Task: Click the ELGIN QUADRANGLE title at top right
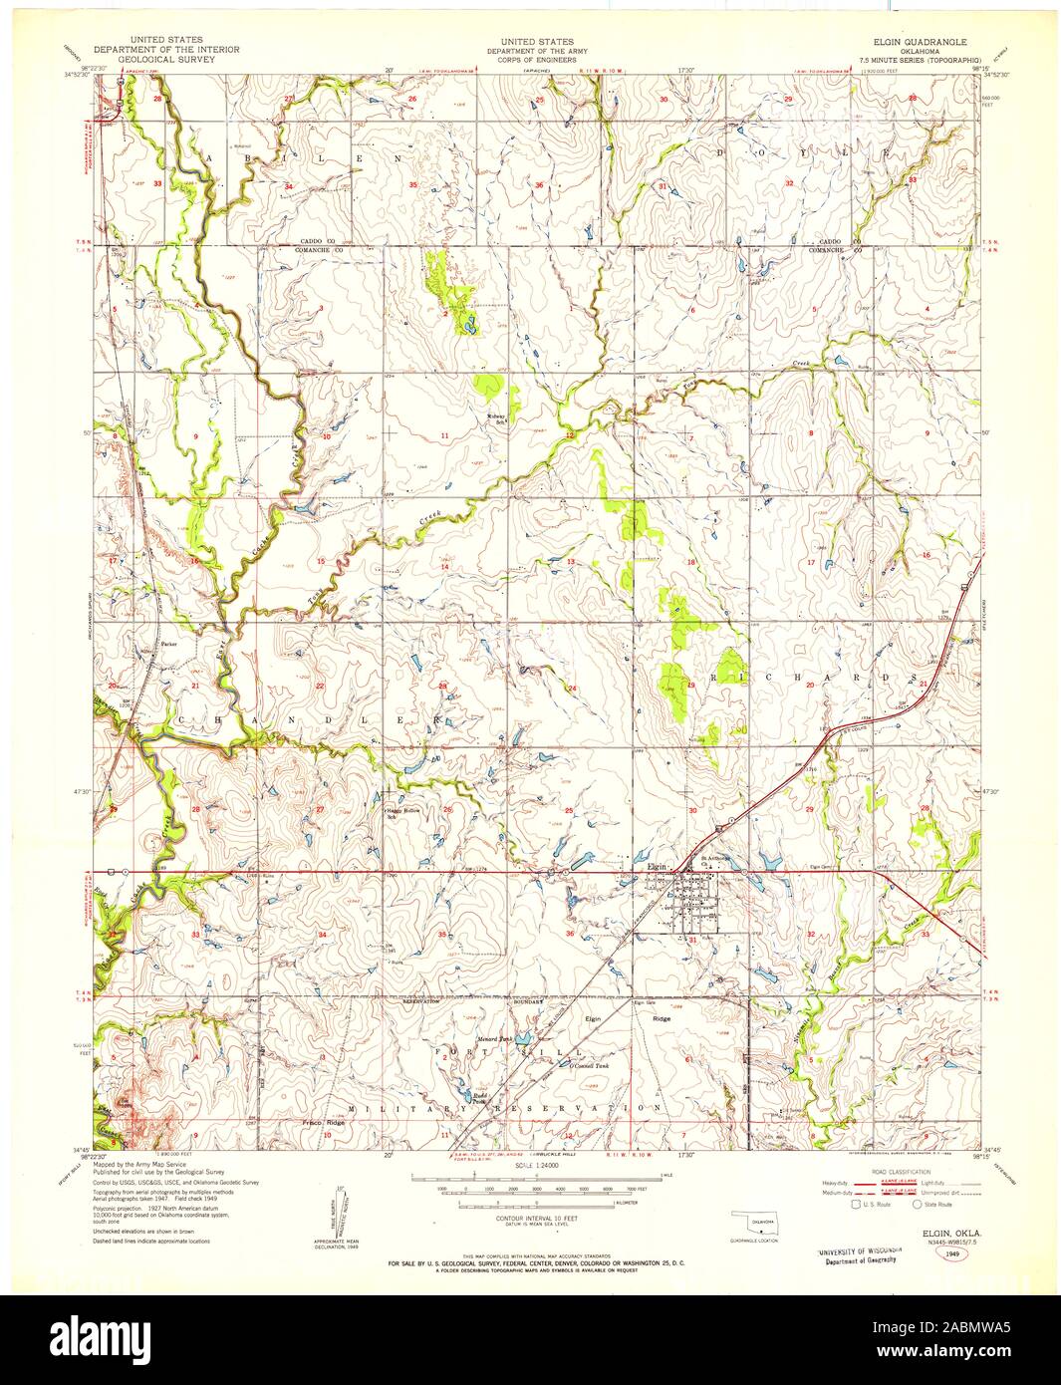[903, 44]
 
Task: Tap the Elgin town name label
[658, 867]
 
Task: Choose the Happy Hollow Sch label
[401, 811]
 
